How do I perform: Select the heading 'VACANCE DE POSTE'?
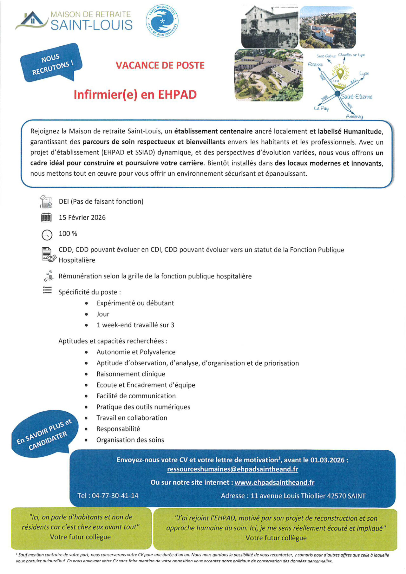[160, 65]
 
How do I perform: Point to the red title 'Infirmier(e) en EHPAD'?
[135, 95]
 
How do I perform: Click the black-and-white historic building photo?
[270, 27]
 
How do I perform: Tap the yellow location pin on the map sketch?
[340, 73]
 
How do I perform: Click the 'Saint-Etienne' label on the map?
[357, 97]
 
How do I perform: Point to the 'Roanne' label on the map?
[315, 64]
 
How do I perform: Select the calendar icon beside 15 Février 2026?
[47, 218]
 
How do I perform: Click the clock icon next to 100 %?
[47, 235]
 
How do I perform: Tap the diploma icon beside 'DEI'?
[46, 202]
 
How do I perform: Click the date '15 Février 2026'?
[82, 218]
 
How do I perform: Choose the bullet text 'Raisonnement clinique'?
[131, 374]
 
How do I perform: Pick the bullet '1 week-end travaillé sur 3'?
[135, 325]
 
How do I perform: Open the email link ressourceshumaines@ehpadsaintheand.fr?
[232, 469]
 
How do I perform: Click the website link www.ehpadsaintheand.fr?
[274, 482]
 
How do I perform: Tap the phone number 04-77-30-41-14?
[115, 496]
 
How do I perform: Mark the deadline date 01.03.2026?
[327, 460]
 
